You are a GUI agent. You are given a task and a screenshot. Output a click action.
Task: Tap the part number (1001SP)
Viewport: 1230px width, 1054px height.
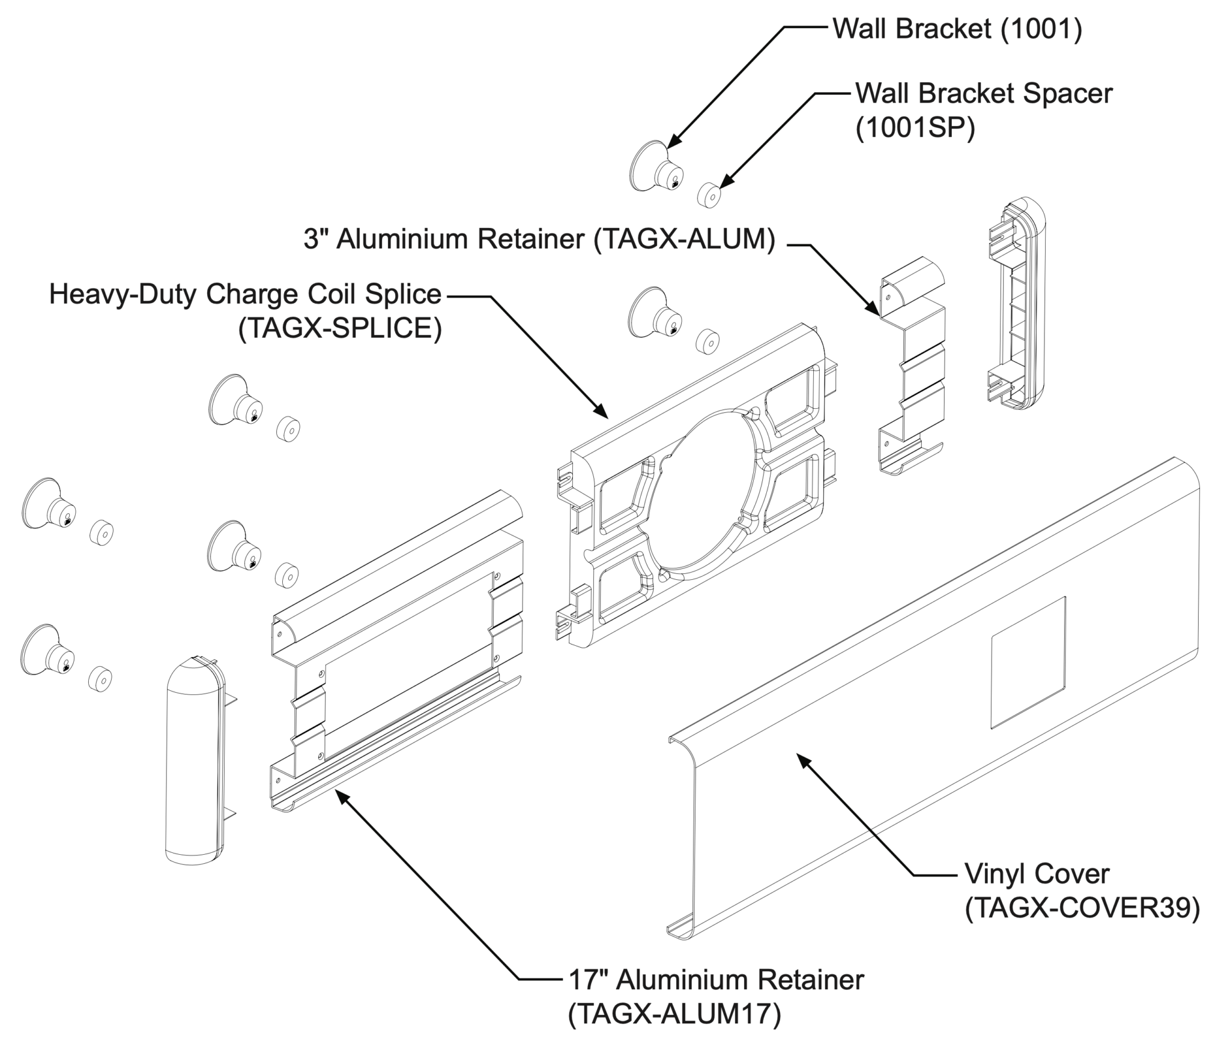click(x=915, y=128)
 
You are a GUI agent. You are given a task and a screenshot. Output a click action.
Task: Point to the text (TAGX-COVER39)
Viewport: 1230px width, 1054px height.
click(x=1082, y=908)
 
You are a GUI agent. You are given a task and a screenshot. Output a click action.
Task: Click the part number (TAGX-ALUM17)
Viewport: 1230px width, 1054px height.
click(x=674, y=1014)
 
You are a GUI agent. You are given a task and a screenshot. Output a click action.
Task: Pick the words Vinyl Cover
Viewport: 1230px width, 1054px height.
click(x=1037, y=873)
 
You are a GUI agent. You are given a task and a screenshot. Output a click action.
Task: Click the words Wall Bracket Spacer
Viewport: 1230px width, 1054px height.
click(x=984, y=94)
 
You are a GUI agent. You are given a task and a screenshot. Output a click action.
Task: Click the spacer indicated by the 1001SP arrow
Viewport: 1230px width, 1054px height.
click(x=709, y=195)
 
